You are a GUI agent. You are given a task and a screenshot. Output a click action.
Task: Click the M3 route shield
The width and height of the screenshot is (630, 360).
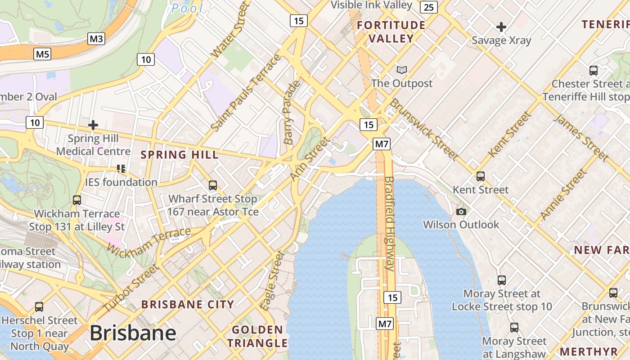(96, 39)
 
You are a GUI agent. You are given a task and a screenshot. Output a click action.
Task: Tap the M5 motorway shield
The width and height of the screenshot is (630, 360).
(42, 54)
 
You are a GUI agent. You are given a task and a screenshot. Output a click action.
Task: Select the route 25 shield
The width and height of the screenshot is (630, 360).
(429, 7)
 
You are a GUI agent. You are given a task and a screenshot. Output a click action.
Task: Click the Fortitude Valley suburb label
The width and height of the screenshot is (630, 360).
(391, 31)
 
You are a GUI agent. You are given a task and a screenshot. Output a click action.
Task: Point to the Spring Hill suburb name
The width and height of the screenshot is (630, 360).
(180, 155)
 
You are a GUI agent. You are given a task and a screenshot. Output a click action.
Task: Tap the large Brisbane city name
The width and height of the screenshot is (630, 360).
(133, 333)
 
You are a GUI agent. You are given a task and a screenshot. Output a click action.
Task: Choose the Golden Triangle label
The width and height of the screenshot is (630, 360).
(257, 336)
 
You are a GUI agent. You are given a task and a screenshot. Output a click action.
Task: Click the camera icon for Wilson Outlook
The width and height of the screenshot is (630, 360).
(461, 211)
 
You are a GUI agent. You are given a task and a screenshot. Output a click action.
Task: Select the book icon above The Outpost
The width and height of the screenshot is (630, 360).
(402, 70)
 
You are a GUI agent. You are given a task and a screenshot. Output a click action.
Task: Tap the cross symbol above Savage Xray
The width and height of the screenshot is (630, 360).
(501, 27)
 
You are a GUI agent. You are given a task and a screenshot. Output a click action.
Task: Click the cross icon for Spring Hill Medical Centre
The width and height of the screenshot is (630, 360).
(93, 125)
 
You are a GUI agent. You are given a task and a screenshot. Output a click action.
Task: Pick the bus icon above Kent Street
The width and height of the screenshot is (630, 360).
(481, 176)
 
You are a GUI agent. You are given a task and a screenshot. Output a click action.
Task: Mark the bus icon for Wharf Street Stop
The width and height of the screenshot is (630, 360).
(213, 185)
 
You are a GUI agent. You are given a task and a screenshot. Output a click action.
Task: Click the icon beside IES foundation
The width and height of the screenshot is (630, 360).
(121, 169)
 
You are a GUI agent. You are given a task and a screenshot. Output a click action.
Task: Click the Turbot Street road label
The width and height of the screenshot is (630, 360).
(131, 288)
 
